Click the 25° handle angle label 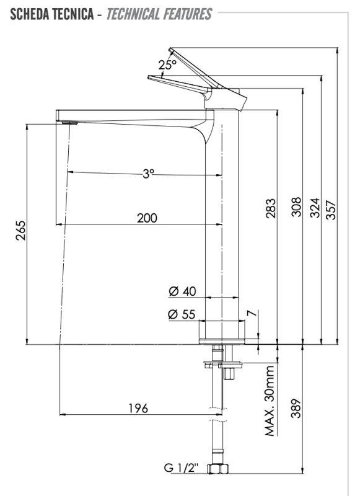[x=167, y=65]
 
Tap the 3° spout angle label [x=148, y=174]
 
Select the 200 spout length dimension [x=147, y=218]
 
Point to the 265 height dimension [x=21, y=231]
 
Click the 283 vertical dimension [x=271, y=208]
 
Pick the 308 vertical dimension [x=296, y=207]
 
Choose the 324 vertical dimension [x=315, y=208]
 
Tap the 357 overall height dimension [x=331, y=210]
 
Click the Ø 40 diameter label [x=182, y=291]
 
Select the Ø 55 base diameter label [x=182, y=314]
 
